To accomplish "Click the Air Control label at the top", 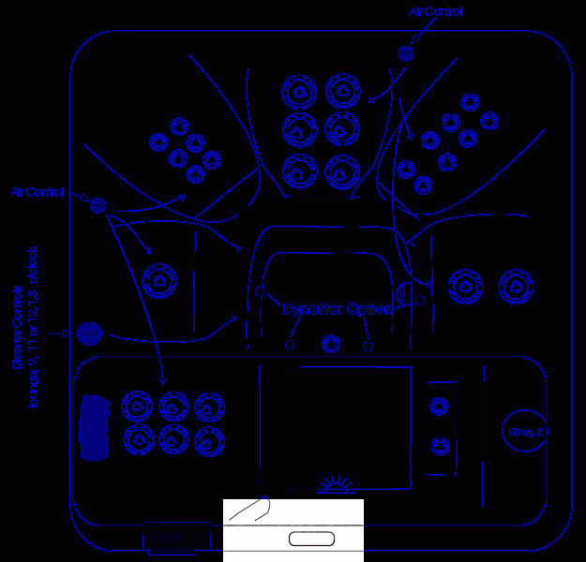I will click(436, 12).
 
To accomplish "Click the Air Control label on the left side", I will click(38, 192).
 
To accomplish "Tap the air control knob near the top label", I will click(406, 53).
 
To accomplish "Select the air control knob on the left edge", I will click(98, 203).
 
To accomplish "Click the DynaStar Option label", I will click(337, 309).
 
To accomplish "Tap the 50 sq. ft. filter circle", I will click(528, 431).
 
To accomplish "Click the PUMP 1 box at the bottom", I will click(169, 540).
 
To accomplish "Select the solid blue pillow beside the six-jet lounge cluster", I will click(94, 427).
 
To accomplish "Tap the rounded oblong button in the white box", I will click(311, 539).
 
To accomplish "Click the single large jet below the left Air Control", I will click(160, 278).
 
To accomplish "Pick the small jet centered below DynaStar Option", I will click(330, 344).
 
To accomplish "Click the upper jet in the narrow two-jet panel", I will click(438, 406).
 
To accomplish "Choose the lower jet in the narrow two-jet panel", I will click(438, 446).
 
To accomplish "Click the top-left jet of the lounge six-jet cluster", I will click(139, 406).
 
